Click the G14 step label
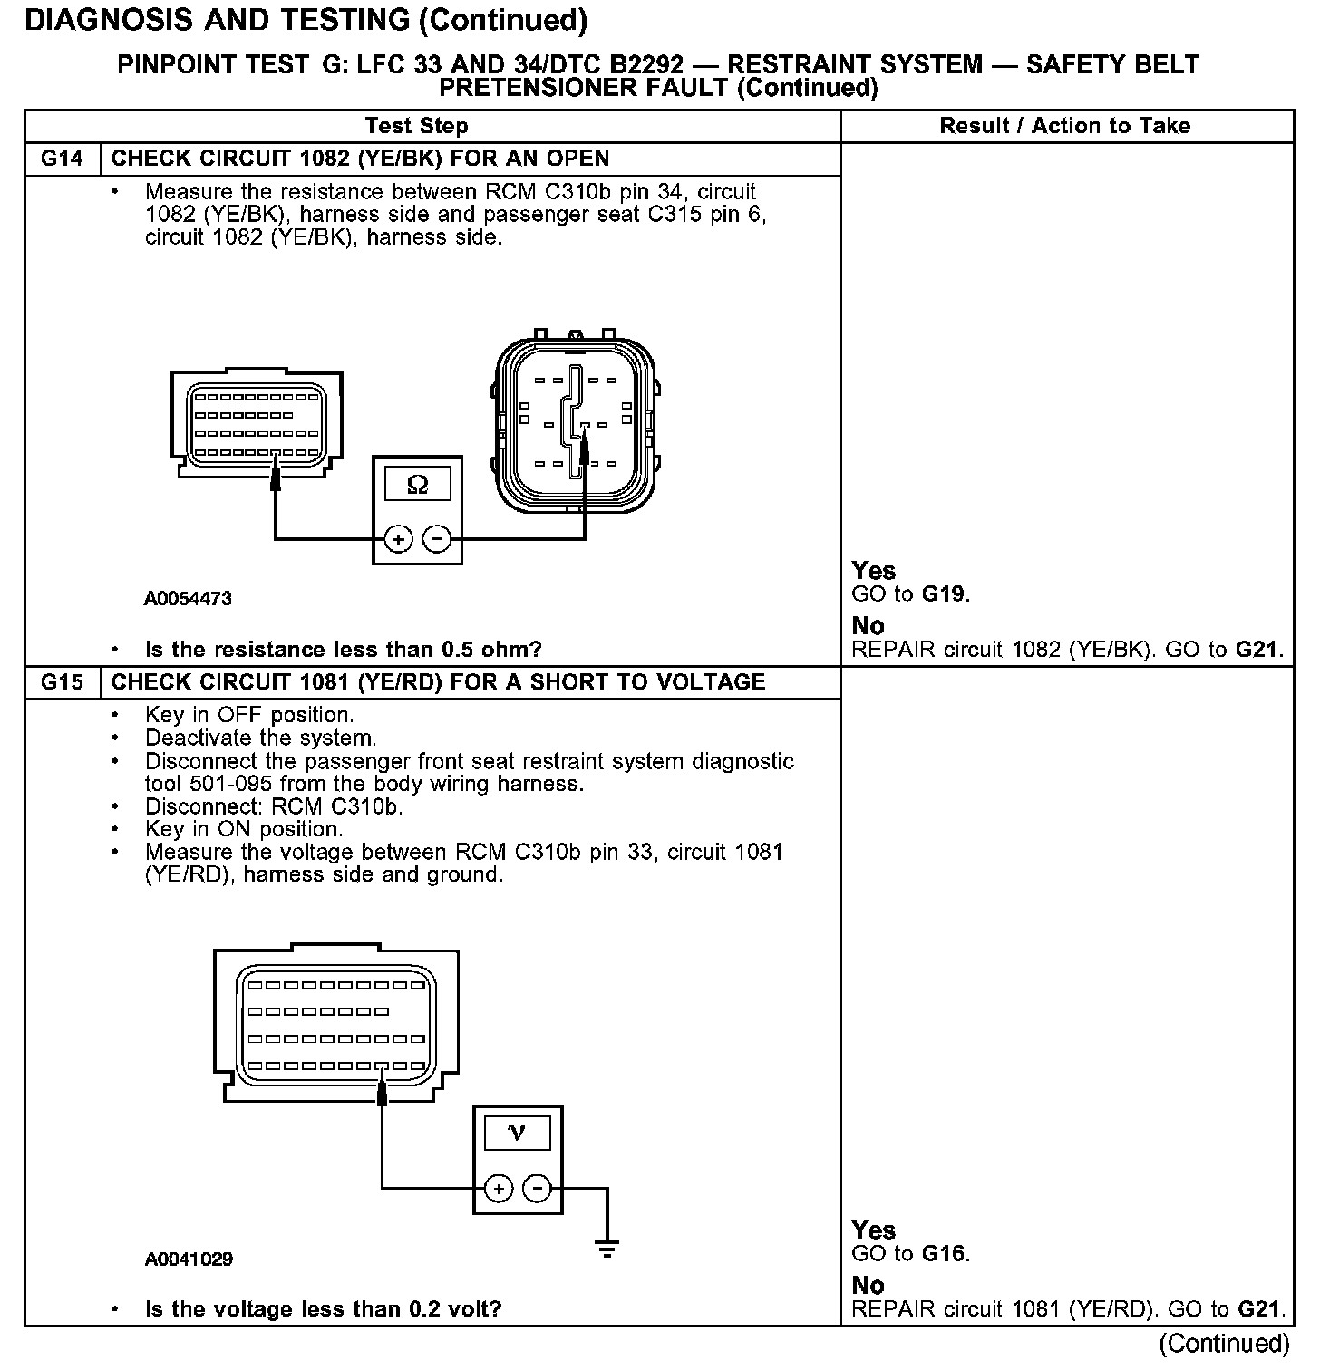point(62,159)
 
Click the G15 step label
point(62,682)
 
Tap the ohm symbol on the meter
point(417,485)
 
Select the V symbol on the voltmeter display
point(517,1133)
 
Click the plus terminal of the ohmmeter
point(398,539)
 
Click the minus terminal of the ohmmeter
point(437,539)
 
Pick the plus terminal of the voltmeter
point(499,1188)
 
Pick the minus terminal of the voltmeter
point(538,1188)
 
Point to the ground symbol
point(607,1249)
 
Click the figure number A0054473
point(189,599)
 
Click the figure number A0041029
point(189,1259)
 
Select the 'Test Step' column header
point(416,126)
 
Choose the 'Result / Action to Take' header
point(1065,126)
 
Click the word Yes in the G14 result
point(873,571)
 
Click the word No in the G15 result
point(868,1285)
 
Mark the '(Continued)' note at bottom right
point(1223,1343)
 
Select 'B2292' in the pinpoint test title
point(647,65)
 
